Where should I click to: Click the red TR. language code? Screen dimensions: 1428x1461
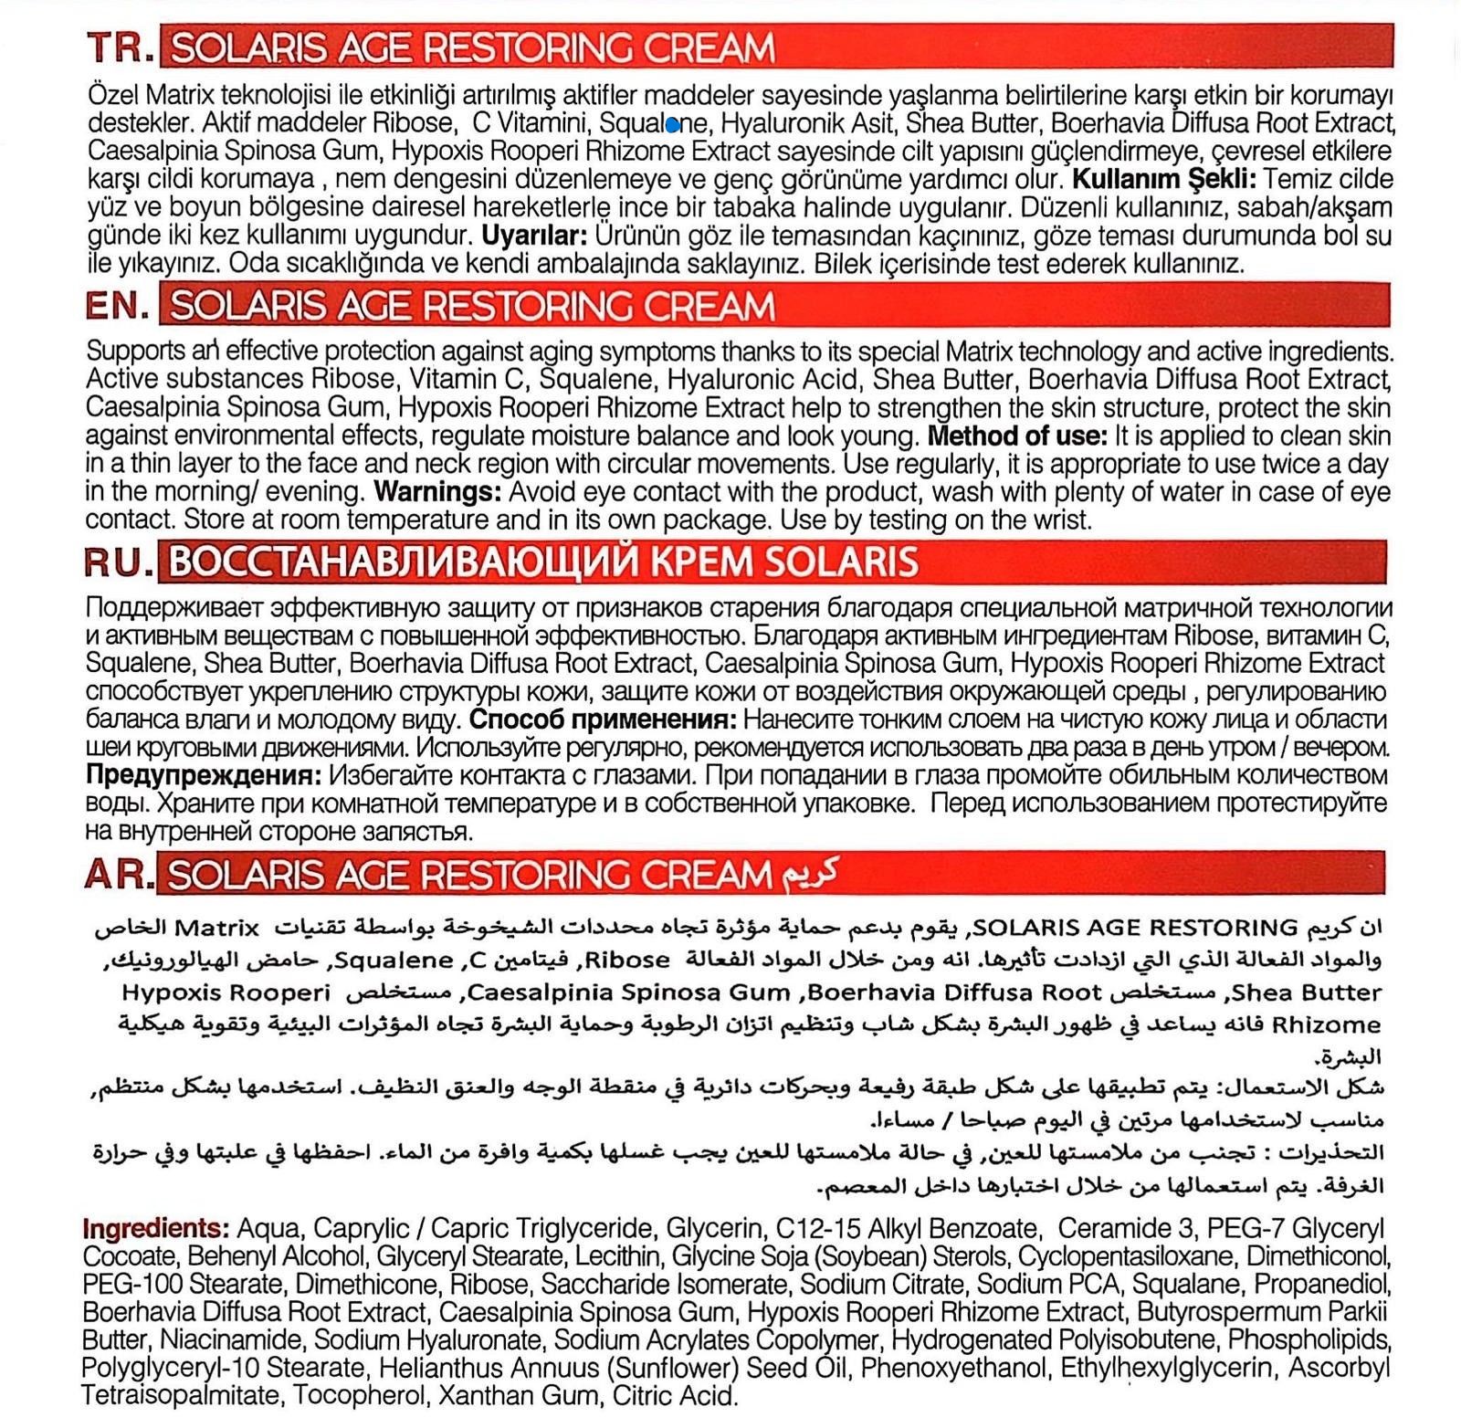[x=120, y=47]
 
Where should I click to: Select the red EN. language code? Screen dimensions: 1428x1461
[x=118, y=305]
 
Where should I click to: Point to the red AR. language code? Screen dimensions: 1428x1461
[x=118, y=874]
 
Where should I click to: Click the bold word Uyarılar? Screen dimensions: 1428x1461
[x=534, y=236]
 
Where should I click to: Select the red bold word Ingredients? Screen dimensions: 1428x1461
[x=155, y=1227]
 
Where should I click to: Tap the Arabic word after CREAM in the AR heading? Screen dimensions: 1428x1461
[x=807, y=874]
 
